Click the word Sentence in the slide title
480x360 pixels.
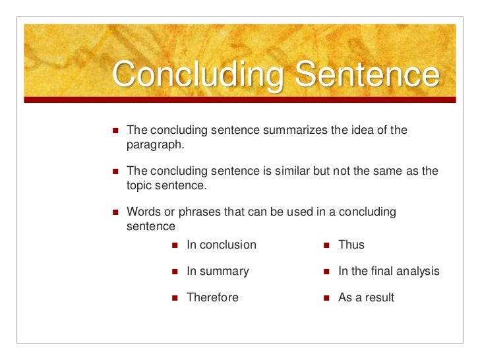click(366, 76)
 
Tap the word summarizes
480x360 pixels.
click(294, 130)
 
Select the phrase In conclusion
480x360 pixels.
click(222, 245)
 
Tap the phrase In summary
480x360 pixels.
click(218, 271)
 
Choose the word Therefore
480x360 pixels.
click(212, 297)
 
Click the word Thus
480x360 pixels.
click(351, 245)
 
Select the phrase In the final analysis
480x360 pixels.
click(388, 271)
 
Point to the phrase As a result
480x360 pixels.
click(366, 297)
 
